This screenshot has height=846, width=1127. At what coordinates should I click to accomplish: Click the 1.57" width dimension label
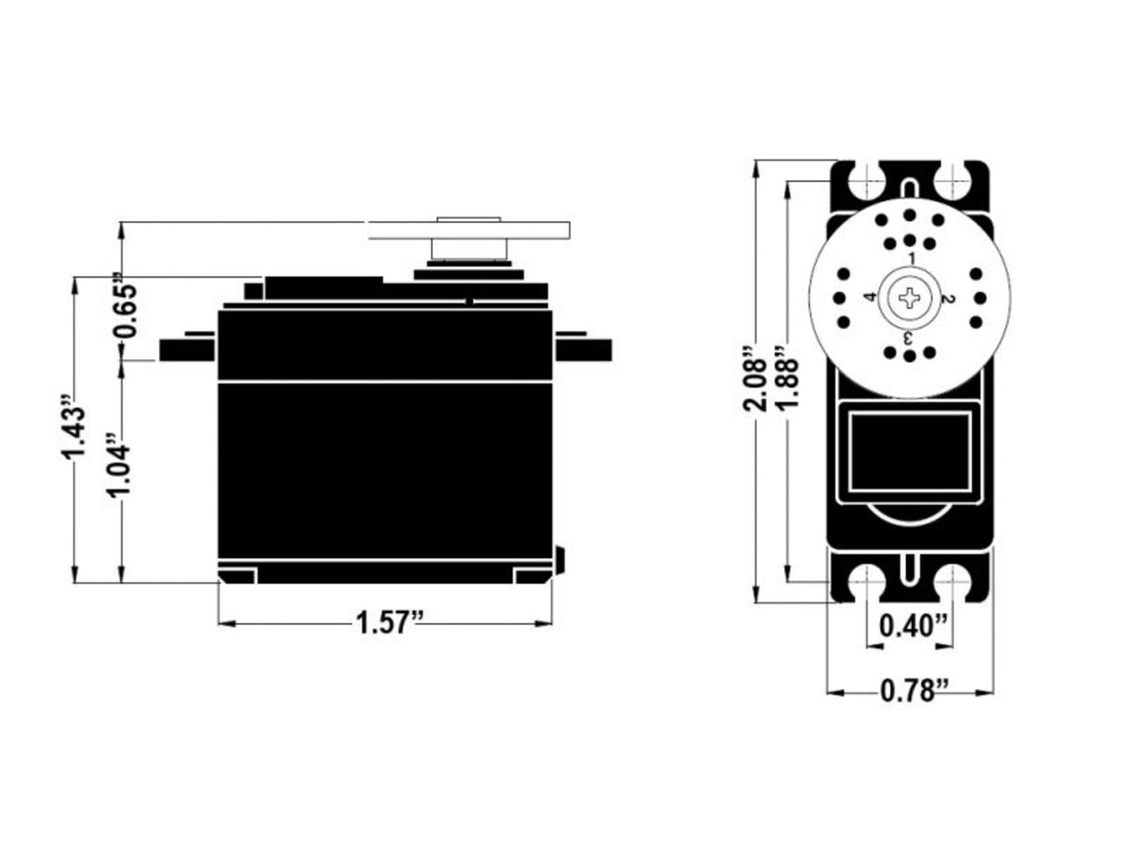tap(390, 622)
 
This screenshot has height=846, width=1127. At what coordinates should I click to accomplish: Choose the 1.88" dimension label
tap(787, 381)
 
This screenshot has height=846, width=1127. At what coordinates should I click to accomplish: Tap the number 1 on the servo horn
tap(911, 258)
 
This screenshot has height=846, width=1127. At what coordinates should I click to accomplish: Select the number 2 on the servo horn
tap(948, 298)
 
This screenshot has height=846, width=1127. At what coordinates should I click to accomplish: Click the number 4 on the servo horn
tap(870, 298)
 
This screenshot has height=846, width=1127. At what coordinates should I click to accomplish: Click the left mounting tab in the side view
tap(188, 349)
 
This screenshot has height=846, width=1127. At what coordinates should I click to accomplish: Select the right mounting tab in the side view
tap(583, 349)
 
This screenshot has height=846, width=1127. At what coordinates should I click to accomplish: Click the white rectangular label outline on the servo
tap(910, 452)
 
